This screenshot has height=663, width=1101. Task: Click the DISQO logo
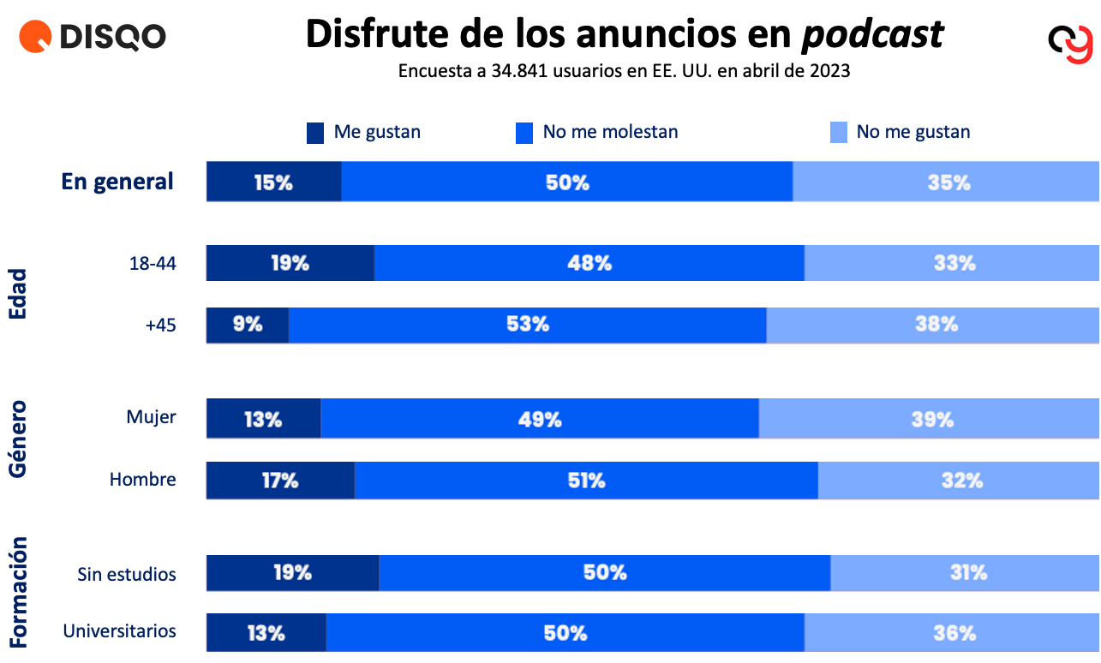pyautogui.click(x=93, y=37)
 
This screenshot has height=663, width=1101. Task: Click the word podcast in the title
pyautogui.click(x=872, y=34)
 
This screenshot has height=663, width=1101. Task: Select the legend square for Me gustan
pyautogui.click(x=315, y=133)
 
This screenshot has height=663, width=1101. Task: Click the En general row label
pyautogui.click(x=117, y=182)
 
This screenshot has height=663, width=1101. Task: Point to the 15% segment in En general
pyautogui.click(x=274, y=182)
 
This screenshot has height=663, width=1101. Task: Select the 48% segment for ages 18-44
pyautogui.click(x=589, y=263)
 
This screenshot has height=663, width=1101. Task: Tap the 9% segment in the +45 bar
pyautogui.click(x=247, y=325)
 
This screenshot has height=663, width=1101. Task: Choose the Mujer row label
pyautogui.click(x=151, y=417)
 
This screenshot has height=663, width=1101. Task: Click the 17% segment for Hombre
pyautogui.click(x=280, y=481)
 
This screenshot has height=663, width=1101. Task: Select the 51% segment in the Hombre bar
pyautogui.click(x=586, y=481)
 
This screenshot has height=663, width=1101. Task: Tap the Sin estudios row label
pyautogui.click(x=127, y=574)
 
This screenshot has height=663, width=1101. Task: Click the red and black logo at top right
pyautogui.click(x=1070, y=42)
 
